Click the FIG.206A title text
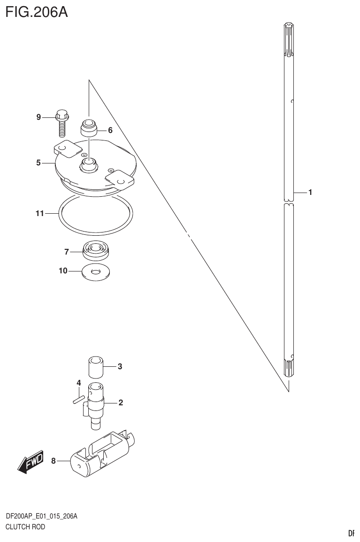37,11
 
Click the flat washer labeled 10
96,272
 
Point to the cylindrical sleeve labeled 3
95,366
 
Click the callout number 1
310,192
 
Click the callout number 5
38,163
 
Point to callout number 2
121,402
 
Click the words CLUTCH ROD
25,527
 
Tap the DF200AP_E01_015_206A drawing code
41,517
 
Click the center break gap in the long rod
289,203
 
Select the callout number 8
54,461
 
